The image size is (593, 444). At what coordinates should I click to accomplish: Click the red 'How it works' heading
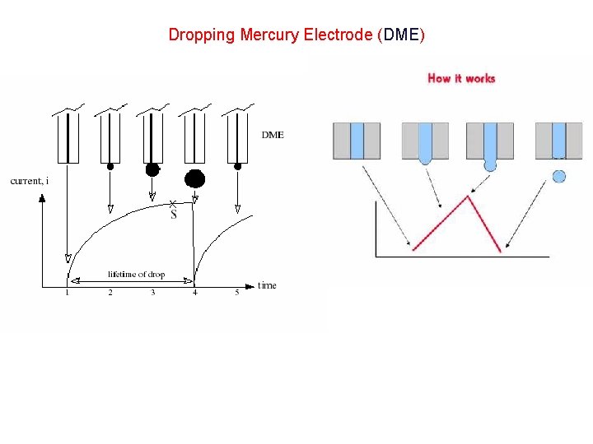(x=461, y=78)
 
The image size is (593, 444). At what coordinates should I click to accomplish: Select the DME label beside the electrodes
(x=273, y=135)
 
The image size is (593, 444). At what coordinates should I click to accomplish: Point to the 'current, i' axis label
(x=29, y=181)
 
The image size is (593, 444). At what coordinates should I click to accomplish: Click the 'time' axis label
(x=267, y=285)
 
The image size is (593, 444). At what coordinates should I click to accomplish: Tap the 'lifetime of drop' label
(x=137, y=274)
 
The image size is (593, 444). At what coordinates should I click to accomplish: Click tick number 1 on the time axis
(x=68, y=293)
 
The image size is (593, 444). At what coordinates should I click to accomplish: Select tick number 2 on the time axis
(x=110, y=293)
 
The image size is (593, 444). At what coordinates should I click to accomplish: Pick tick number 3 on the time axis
(x=152, y=293)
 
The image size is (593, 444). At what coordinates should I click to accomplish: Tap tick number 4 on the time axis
(x=195, y=293)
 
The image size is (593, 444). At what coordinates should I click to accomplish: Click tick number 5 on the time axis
(x=237, y=293)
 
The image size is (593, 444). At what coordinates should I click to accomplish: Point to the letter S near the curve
(x=174, y=215)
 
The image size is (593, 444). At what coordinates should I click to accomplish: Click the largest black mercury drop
(x=194, y=178)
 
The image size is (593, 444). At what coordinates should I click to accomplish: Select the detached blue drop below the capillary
(x=559, y=175)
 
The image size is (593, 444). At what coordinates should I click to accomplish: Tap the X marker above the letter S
(x=172, y=203)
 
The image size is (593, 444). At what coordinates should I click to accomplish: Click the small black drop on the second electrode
(x=110, y=166)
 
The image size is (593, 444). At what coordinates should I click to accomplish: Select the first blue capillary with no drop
(x=357, y=141)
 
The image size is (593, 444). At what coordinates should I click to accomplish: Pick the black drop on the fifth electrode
(x=238, y=166)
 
